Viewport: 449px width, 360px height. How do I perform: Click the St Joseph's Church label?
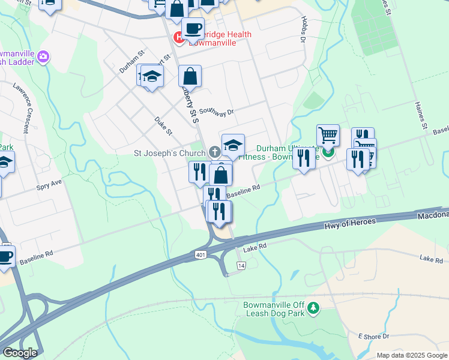(169, 153)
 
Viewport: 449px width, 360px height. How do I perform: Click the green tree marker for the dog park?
(313, 308)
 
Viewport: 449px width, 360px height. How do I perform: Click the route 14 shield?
(241, 265)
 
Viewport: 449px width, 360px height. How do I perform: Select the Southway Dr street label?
(216, 112)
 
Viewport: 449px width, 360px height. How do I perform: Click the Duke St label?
(163, 126)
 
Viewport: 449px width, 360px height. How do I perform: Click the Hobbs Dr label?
(303, 33)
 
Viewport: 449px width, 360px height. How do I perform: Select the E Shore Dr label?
(374, 336)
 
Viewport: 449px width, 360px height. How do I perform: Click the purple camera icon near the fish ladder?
(43, 58)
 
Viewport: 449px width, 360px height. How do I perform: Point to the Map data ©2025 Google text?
(411, 355)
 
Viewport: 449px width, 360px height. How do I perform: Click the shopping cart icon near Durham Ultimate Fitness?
(328, 135)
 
